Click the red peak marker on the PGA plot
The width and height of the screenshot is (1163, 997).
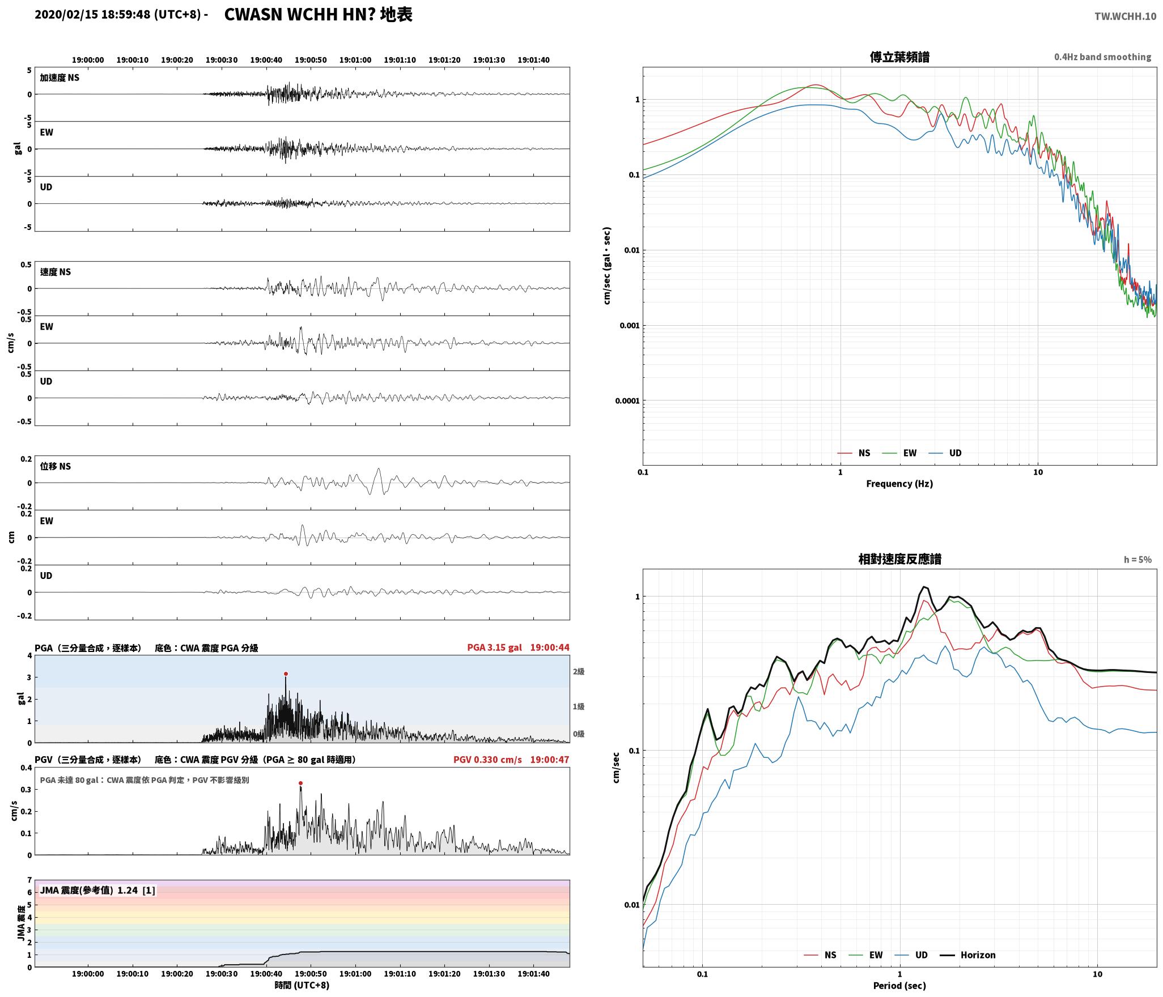(286, 674)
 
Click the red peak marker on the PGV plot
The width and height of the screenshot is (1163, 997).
(300, 783)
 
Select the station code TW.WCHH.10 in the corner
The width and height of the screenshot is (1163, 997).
(1125, 16)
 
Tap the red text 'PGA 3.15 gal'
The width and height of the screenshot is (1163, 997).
(494, 647)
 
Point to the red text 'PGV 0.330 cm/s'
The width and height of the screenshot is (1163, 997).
(487, 759)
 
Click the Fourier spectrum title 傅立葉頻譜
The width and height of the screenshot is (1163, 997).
(899, 57)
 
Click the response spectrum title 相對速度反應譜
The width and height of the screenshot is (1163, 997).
(899, 559)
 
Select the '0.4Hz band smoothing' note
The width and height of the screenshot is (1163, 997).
(1102, 57)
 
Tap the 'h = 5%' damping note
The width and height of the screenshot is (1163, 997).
(1137, 560)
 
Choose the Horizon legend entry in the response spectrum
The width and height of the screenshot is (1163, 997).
(968, 955)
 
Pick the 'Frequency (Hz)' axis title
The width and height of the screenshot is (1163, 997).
(899, 483)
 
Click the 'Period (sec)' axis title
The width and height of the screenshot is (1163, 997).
(899, 986)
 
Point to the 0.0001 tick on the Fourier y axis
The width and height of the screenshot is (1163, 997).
(627, 401)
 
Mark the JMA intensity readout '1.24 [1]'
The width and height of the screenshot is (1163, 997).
(136, 891)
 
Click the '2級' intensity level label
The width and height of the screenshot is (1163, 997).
(578, 671)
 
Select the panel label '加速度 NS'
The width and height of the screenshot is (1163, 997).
(60, 78)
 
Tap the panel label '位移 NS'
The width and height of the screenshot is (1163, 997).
(56, 466)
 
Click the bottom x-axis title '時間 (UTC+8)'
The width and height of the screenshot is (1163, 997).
(302, 985)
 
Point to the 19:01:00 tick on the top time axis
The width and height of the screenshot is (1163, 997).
(355, 60)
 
